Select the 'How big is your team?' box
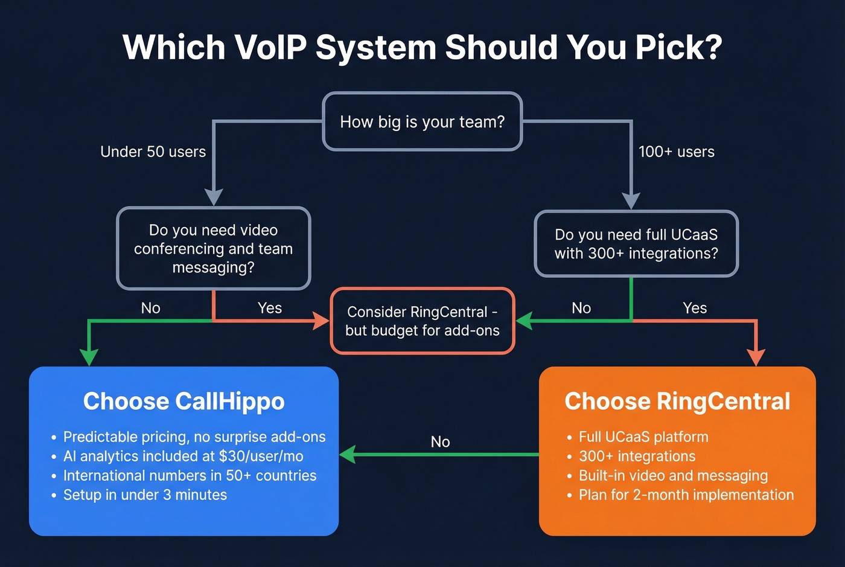tap(422, 121)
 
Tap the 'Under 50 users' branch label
tap(153, 152)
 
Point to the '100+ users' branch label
tap(676, 152)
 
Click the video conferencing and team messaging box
tap(213, 248)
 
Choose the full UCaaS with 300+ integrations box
tap(636, 244)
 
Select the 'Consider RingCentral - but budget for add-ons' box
tap(422, 321)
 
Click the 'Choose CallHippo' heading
tap(183, 402)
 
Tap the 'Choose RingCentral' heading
tap(677, 402)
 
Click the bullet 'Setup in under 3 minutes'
tap(145, 495)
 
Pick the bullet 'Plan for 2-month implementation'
tap(686, 495)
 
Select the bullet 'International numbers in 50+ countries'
tap(190, 475)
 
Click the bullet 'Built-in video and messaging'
tap(673, 475)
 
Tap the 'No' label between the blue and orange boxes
tap(440, 441)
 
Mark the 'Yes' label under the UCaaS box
tap(694, 308)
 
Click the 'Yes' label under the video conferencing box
tap(269, 308)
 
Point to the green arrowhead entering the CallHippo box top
tap(89, 357)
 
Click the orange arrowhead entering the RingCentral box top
tap(756, 357)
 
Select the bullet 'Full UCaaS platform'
tap(643, 437)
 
